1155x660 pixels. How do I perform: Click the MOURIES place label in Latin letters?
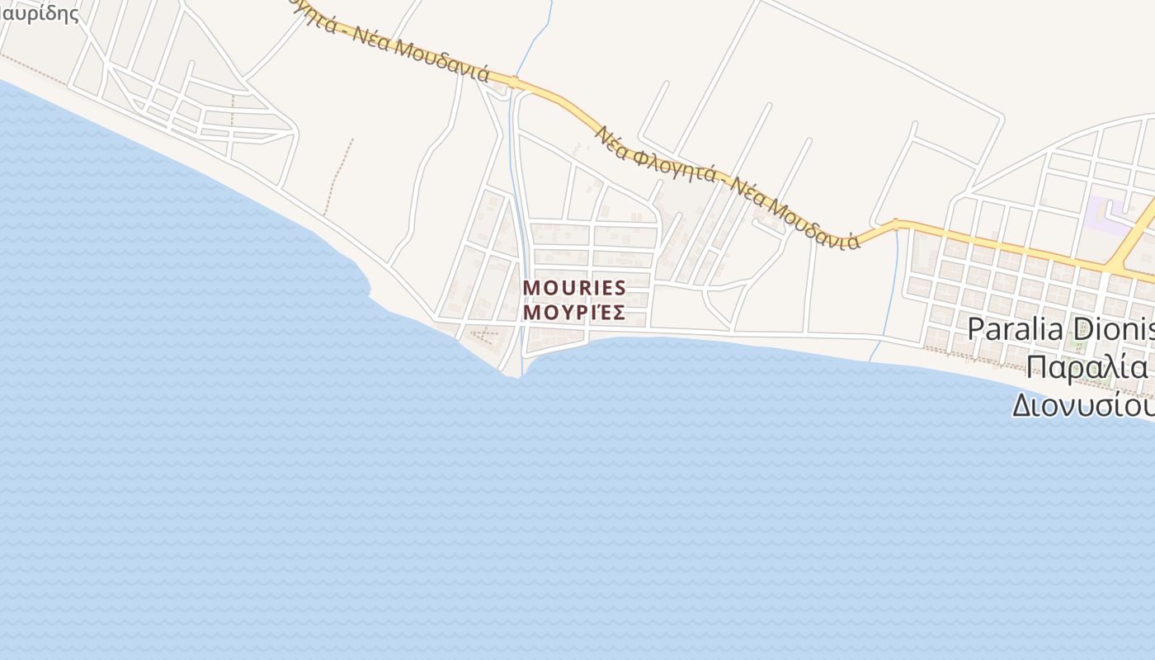[x=574, y=288]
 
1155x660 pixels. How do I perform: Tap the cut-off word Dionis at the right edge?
[x=1115, y=328]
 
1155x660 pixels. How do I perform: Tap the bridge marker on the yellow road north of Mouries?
[x=513, y=82]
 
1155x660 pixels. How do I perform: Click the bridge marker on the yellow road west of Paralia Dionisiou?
[x=895, y=224]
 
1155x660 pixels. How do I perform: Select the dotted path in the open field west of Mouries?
[x=338, y=177]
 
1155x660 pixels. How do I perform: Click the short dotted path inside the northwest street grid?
[x=232, y=111]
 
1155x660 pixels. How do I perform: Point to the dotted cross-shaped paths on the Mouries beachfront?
[x=483, y=335]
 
